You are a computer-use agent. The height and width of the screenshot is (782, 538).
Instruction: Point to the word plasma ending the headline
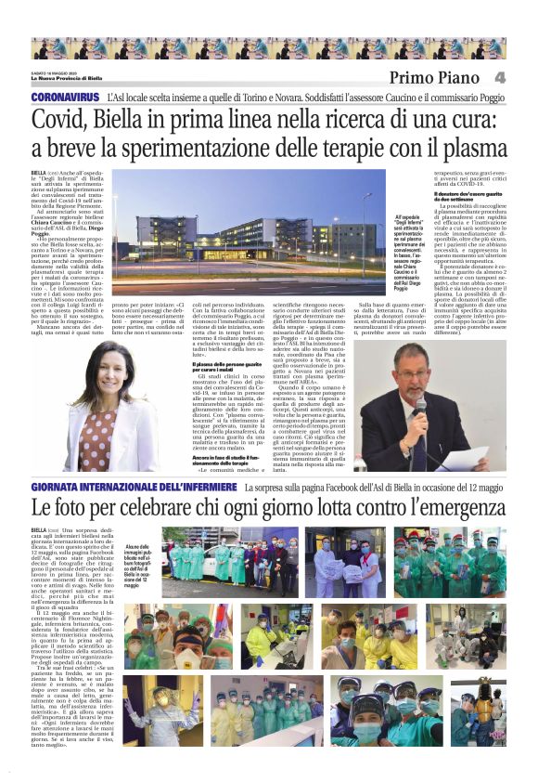470,149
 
